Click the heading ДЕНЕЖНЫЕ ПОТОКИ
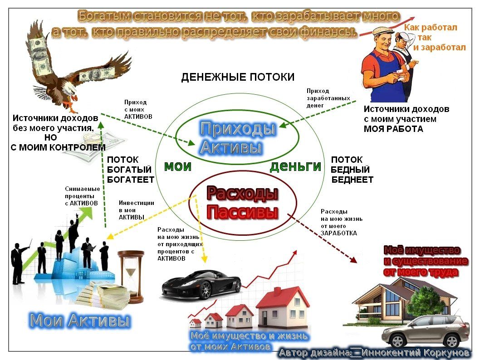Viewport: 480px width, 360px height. pyautogui.click(x=238, y=77)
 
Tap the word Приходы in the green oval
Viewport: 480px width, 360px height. pyautogui.click(x=238, y=128)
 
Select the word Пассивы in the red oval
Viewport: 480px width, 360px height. pyautogui.click(x=242, y=212)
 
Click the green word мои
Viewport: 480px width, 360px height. pyautogui.click(x=178, y=167)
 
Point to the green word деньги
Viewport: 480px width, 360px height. pyautogui.click(x=295, y=167)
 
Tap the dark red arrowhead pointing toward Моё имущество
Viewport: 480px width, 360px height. pyautogui.click(x=353, y=260)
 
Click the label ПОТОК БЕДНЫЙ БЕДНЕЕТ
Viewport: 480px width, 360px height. pyautogui.click(x=352, y=170)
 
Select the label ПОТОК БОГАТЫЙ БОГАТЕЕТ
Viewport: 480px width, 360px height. pyautogui.click(x=130, y=170)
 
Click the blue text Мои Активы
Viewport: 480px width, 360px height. pyautogui.click(x=80, y=321)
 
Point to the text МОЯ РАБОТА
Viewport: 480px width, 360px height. pyautogui.click(x=394, y=129)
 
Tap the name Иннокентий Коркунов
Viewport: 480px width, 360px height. pyautogui.click(x=416, y=353)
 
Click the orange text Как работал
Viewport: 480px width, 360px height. pyautogui.click(x=431, y=28)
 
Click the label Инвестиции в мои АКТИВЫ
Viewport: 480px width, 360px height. pyautogui.click(x=137, y=210)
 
